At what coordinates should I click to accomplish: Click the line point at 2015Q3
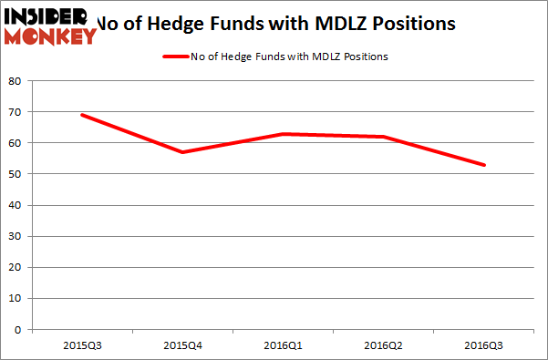pos(83,115)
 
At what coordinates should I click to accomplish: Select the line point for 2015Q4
pos(183,152)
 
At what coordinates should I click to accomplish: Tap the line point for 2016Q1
pos(284,134)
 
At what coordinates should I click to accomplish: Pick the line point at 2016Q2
pos(384,137)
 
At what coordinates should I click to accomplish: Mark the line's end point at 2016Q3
pos(484,165)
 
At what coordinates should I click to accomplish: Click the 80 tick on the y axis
pos(16,80)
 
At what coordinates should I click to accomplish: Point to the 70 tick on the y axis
pos(16,111)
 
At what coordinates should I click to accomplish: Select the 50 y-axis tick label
pos(16,174)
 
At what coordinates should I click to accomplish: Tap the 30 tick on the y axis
pos(16,236)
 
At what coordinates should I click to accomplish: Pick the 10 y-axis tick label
pos(16,298)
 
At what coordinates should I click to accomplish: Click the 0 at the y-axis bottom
pos(18,330)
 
